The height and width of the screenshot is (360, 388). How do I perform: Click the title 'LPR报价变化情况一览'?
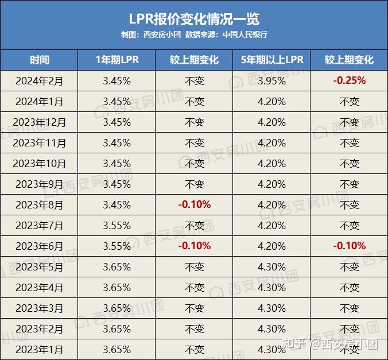coord(194,18)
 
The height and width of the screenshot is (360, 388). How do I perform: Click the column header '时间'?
coord(40,60)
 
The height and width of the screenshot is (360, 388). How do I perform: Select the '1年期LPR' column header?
coord(117,60)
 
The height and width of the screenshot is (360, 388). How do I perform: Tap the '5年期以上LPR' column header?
coord(271,60)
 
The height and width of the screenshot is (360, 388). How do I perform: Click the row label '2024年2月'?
coord(40,81)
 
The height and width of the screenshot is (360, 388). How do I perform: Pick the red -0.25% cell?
coord(349,81)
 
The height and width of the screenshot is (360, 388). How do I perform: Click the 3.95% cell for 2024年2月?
coord(271,81)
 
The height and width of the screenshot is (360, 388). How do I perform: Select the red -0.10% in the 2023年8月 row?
coord(195,204)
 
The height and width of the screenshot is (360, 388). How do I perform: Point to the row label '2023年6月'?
coord(40,246)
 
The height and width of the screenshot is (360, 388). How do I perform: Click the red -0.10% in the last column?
coord(349,246)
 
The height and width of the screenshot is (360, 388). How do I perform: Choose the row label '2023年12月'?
coord(40,122)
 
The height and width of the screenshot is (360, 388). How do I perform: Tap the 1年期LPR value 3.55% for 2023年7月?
coord(117,225)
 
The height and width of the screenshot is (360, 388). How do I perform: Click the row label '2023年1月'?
coord(40,349)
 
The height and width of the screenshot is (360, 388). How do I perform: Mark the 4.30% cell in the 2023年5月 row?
coord(271,267)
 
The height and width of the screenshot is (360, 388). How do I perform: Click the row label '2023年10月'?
coord(40,164)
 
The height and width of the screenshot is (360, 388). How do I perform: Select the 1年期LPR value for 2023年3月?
coord(117,308)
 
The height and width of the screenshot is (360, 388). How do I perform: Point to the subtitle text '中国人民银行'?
coord(245,34)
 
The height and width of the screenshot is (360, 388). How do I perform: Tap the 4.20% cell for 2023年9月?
coord(271,184)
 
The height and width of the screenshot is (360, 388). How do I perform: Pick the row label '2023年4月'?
coord(40,288)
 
